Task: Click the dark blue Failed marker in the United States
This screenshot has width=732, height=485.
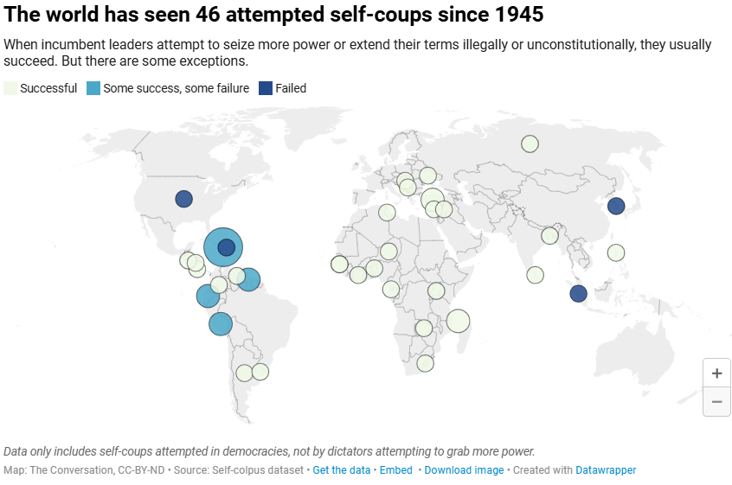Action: click(183, 199)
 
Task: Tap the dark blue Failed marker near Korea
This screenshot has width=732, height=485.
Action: click(616, 206)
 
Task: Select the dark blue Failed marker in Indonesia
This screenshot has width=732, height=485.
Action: click(579, 293)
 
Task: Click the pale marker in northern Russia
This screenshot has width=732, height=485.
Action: click(530, 144)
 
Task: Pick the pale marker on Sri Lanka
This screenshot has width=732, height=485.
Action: click(536, 275)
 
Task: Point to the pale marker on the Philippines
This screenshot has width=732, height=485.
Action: click(616, 252)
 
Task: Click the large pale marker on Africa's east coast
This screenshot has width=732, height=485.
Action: click(458, 321)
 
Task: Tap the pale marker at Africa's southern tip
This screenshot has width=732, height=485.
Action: click(425, 363)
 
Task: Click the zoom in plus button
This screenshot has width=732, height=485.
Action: click(716, 373)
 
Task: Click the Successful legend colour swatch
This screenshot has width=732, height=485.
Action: click(10, 88)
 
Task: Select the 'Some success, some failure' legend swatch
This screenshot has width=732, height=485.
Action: click(93, 88)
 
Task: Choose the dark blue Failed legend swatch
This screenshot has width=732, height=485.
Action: click(266, 88)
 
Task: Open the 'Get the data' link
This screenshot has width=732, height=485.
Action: click(341, 470)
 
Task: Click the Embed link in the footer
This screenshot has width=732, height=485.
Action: click(395, 470)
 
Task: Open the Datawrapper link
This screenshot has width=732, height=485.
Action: click(606, 470)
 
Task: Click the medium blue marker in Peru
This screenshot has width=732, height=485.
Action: click(221, 324)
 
